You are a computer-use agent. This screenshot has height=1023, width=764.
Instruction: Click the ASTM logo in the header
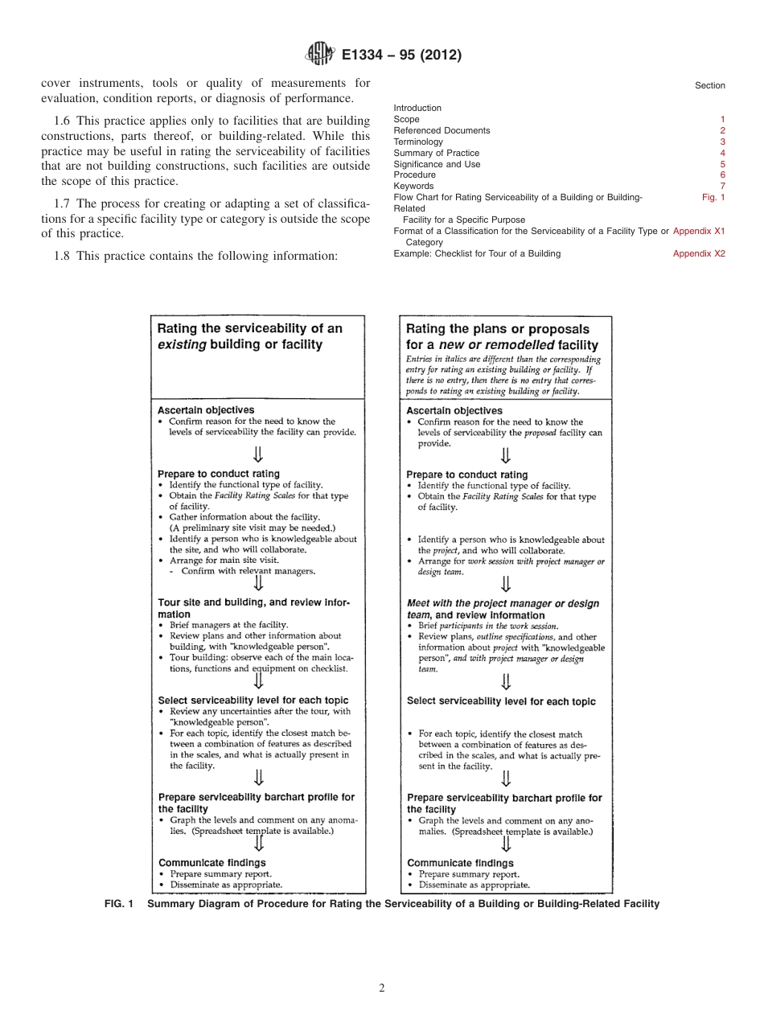tap(320, 55)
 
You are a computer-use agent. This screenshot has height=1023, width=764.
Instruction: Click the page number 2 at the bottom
tap(382, 988)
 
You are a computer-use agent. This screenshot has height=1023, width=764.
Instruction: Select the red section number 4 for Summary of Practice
tap(722, 153)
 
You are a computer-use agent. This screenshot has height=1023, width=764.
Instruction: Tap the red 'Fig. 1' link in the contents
tap(713, 197)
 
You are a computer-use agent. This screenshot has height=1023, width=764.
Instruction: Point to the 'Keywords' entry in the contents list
tap(413, 186)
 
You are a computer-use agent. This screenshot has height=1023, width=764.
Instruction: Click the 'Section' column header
tap(709, 85)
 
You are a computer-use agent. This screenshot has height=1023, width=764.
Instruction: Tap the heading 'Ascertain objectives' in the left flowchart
tap(206, 410)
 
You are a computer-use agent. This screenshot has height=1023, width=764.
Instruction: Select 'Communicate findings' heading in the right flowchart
tap(460, 863)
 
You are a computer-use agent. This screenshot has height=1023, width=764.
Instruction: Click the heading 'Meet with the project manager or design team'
tap(503, 609)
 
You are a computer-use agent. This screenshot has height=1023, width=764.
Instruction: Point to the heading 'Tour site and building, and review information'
tap(253, 608)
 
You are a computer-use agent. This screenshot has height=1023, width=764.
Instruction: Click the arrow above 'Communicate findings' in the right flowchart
tap(506, 844)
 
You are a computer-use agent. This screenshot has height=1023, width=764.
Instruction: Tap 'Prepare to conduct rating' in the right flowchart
tap(466, 475)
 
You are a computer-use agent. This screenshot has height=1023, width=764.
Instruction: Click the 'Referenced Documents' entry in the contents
tap(442, 130)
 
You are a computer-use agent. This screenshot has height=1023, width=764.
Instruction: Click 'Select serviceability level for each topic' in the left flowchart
tap(253, 700)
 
